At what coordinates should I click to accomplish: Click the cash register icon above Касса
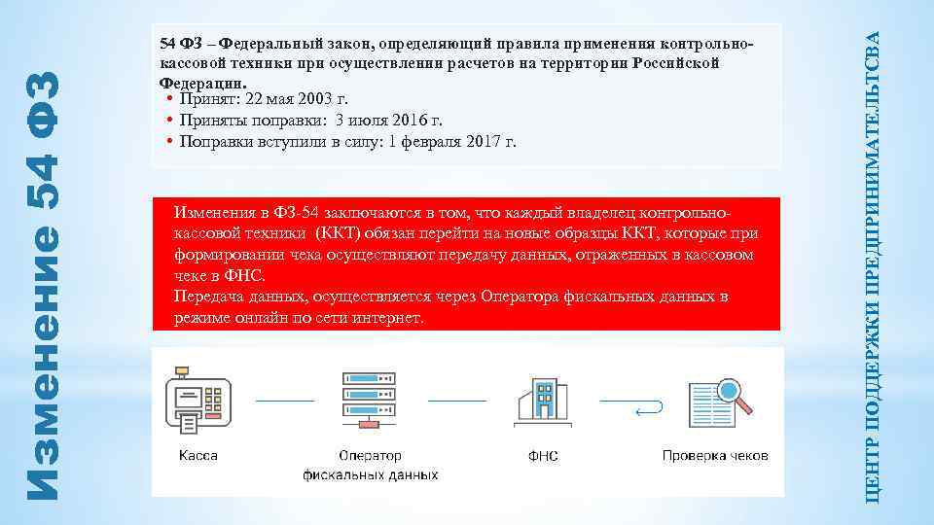coord(198,401)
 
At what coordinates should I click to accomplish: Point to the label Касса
coord(198,455)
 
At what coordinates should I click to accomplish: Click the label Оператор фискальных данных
coord(370,465)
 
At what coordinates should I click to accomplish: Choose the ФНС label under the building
coord(543,456)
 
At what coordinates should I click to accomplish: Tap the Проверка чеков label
coord(715,455)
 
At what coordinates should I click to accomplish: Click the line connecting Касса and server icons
coord(285,401)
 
